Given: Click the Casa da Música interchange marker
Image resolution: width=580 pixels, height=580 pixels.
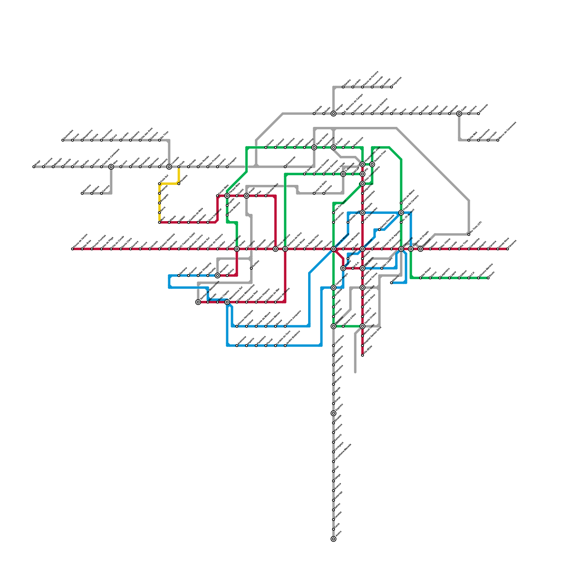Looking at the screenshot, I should pos(333,249).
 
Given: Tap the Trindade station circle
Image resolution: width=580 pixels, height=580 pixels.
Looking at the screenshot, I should pos(362,249).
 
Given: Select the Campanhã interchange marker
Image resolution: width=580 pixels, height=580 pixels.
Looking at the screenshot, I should pos(401,249).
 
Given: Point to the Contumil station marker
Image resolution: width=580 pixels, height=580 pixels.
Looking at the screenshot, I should pos(420,249).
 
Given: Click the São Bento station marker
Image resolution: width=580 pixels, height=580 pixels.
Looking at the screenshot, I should pos(362,268).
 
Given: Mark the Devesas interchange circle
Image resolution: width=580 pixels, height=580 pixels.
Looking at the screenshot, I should pos(333,326).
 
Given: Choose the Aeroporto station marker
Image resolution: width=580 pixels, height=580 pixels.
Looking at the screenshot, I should pos(217,275).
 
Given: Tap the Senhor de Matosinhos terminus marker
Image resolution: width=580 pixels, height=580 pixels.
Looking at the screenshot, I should pos(198,302).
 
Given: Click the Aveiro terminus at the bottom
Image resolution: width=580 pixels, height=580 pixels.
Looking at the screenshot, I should pos(333,539).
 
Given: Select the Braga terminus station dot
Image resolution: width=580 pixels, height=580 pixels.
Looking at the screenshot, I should pos(34,167).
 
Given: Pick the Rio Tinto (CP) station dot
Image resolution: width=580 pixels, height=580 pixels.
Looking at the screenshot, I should pos(469,235).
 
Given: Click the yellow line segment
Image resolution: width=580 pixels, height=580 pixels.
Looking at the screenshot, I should pos(159,203).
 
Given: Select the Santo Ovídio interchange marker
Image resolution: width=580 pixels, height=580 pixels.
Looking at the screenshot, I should pos(362,326).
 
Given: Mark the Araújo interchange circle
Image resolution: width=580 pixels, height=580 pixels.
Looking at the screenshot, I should pos(246,196).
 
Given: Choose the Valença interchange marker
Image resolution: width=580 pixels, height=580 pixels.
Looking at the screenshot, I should pos(333,114).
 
